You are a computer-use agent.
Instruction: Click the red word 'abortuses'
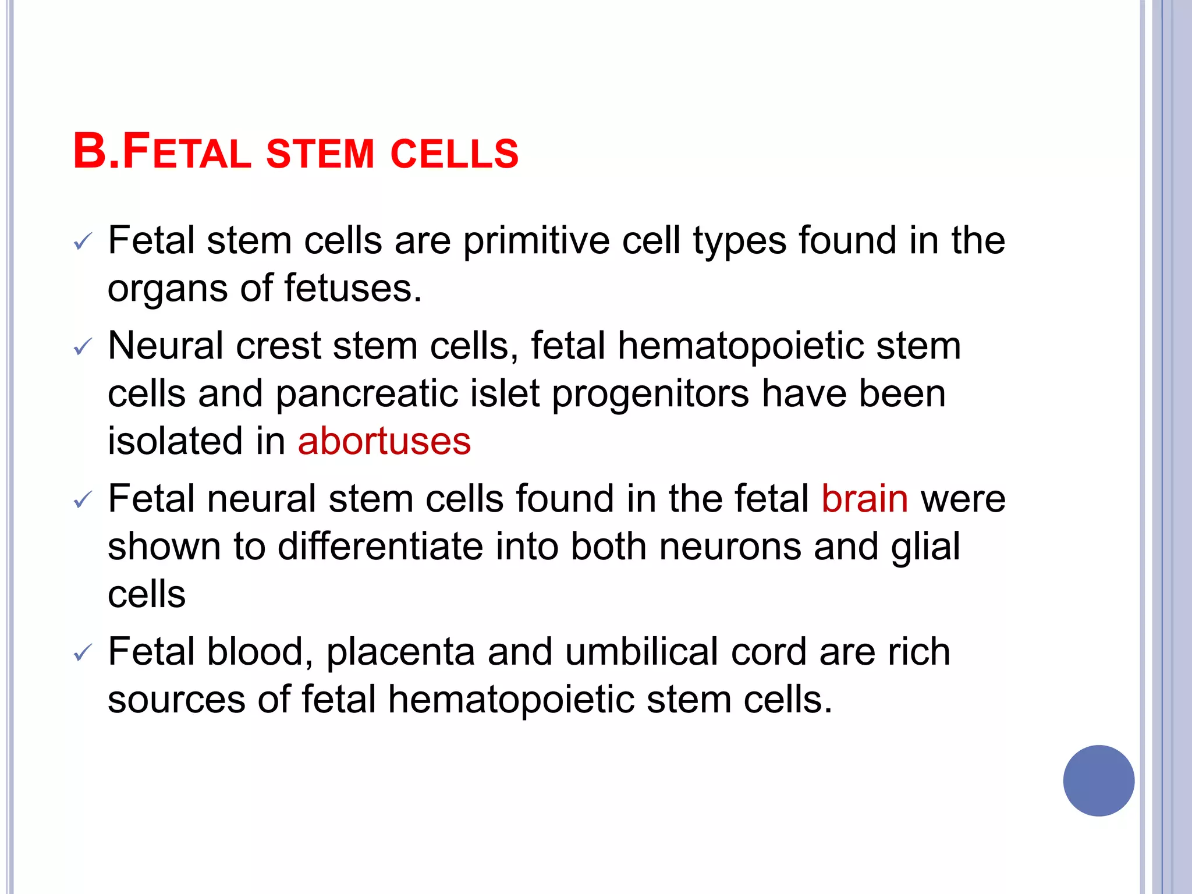tap(384, 441)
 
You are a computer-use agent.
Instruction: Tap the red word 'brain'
tap(864, 499)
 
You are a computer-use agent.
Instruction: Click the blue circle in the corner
tap(1098, 781)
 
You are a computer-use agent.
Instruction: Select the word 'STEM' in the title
tap(320, 154)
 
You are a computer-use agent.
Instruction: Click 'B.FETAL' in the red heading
tap(162, 152)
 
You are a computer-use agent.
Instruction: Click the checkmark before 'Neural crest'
tap(83, 348)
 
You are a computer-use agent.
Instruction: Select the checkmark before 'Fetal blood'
tap(83, 653)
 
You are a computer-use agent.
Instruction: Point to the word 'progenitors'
tap(650, 394)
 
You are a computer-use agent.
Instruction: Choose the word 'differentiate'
tap(380, 547)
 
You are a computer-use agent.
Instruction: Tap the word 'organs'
tap(168, 289)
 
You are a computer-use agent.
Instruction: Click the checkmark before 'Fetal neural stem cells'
tap(83, 501)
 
